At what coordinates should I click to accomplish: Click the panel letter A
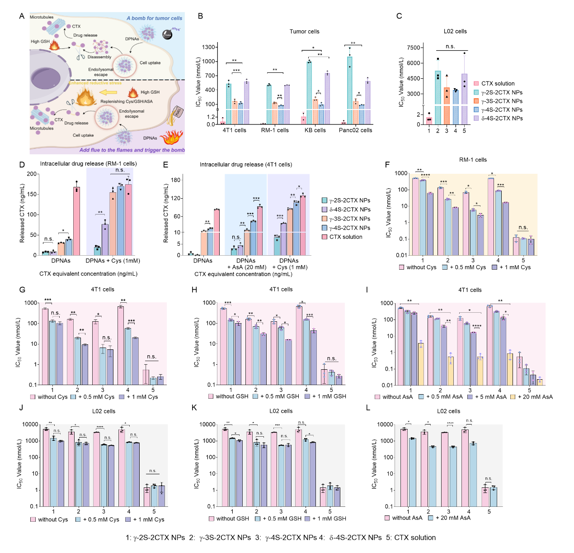21,16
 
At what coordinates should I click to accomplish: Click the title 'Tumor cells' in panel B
304,32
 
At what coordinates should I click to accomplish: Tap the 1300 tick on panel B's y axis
208,47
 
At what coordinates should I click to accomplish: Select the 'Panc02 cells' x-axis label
355,130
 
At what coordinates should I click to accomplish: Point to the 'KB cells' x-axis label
315,130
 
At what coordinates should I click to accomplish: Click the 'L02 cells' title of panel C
455,32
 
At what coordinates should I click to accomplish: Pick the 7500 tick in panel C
414,48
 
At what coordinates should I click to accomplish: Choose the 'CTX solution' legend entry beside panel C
498,84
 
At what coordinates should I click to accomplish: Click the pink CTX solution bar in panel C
429,121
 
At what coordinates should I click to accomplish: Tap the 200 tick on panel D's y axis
32,174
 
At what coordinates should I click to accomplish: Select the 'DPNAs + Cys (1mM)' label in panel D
113,261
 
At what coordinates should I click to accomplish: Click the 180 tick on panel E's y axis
176,180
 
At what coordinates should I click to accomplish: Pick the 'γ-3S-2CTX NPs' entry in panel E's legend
350,219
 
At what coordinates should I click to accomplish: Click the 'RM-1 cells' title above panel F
473,160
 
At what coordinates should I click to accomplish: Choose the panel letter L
368,408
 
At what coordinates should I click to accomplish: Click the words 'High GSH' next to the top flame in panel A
40,42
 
